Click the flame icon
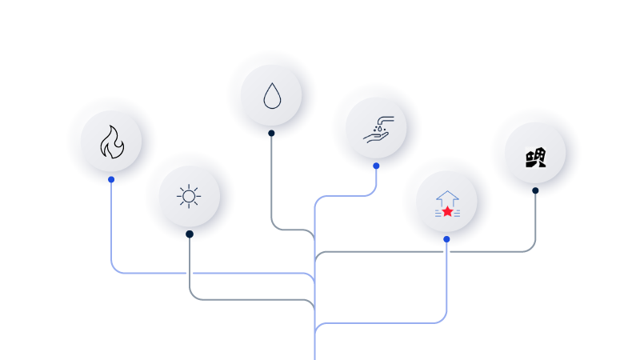[x=112, y=142]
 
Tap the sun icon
[x=189, y=196]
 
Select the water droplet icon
[x=272, y=96]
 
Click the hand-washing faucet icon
[x=377, y=129]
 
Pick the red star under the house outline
[x=447, y=211]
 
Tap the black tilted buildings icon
[x=535, y=158]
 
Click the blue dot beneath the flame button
[x=111, y=180]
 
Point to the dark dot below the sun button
[x=190, y=234]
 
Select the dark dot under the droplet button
[x=271, y=134]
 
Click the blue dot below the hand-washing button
[x=376, y=166]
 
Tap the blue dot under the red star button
[x=446, y=239]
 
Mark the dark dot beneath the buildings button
[x=535, y=190]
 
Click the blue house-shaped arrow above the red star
[x=447, y=197]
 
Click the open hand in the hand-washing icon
[x=374, y=138]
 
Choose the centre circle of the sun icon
[x=189, y=196]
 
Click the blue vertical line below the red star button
[x=446, y=280]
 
